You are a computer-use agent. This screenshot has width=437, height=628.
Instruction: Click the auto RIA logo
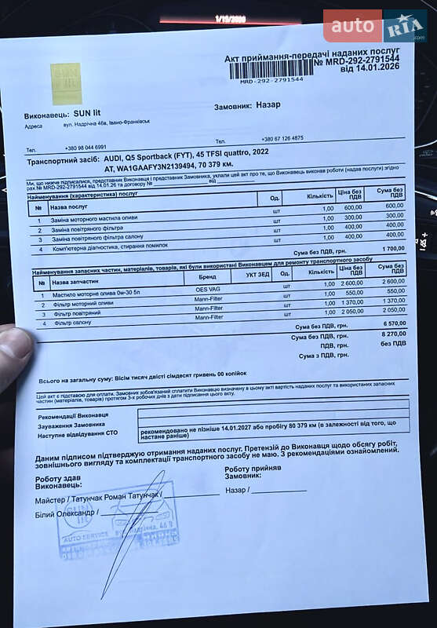coord(374,26)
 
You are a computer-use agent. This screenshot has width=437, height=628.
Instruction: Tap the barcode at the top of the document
coord(268,71)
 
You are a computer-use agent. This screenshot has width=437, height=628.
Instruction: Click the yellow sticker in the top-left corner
coord(66,83)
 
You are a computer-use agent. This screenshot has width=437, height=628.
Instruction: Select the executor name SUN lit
coord(87,113)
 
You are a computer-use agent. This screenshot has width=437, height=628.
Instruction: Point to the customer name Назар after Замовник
coord(268,104)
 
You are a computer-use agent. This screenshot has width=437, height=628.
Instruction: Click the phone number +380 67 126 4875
coord(282,138)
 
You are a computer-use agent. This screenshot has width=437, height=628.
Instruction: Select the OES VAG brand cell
coord(207,289)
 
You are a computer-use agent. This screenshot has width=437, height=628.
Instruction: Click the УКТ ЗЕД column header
coord(257,275)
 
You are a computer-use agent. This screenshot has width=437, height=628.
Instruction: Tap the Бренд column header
coord(207,276)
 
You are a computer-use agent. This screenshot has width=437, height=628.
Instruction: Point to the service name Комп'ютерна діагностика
coord(110,246)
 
